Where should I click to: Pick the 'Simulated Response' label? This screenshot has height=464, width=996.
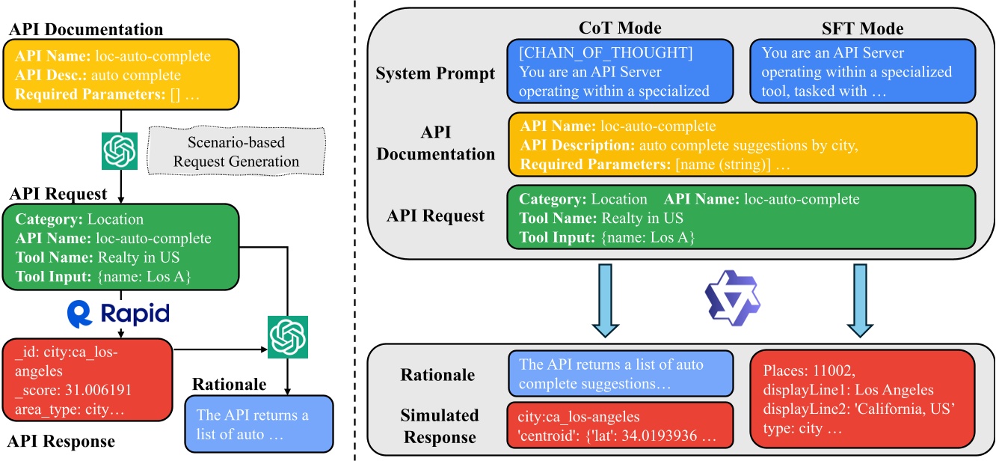440,426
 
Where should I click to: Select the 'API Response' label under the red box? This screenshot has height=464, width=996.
61,442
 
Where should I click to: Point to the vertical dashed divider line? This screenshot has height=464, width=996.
357,232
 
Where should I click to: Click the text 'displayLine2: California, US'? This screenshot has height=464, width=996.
858,411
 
